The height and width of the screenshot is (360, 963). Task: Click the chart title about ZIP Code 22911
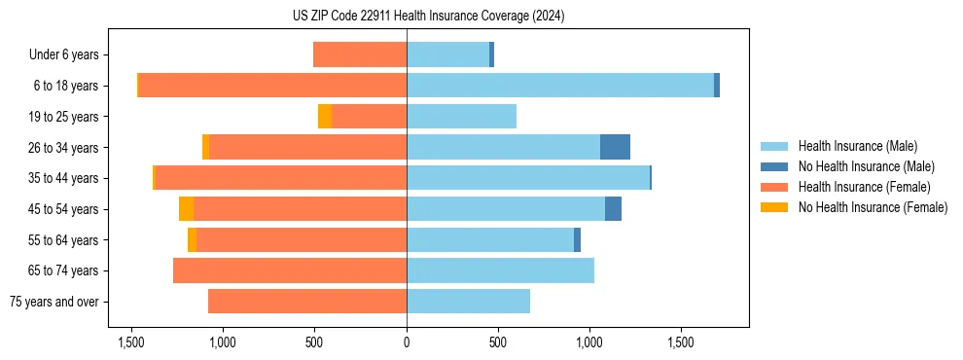[x=429, y=17]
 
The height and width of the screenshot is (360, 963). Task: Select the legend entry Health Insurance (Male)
[x=855, y=146]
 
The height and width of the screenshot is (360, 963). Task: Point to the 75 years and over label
[x=54, y=302]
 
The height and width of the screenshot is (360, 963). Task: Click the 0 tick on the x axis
[x=407, y=342]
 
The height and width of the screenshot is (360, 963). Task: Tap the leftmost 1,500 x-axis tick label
[x=131, y=342]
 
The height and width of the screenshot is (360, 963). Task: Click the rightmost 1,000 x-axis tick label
[x=589, y=342]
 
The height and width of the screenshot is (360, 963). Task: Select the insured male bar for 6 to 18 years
[x=560, y=86]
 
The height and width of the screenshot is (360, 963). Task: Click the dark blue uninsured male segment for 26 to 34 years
[x=615, y=147]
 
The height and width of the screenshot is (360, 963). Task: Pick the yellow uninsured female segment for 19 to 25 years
[x=325, y=117]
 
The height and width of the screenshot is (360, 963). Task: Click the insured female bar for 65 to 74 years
[x=290, y=270]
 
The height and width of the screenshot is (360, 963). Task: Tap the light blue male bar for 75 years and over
[x=468, y=302]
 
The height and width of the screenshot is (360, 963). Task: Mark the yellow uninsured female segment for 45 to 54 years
[x=186, y=209]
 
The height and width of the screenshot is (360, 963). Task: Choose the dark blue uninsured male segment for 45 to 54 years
[x=613, y=209]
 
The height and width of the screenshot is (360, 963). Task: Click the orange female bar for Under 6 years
[x=360, y=54]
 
